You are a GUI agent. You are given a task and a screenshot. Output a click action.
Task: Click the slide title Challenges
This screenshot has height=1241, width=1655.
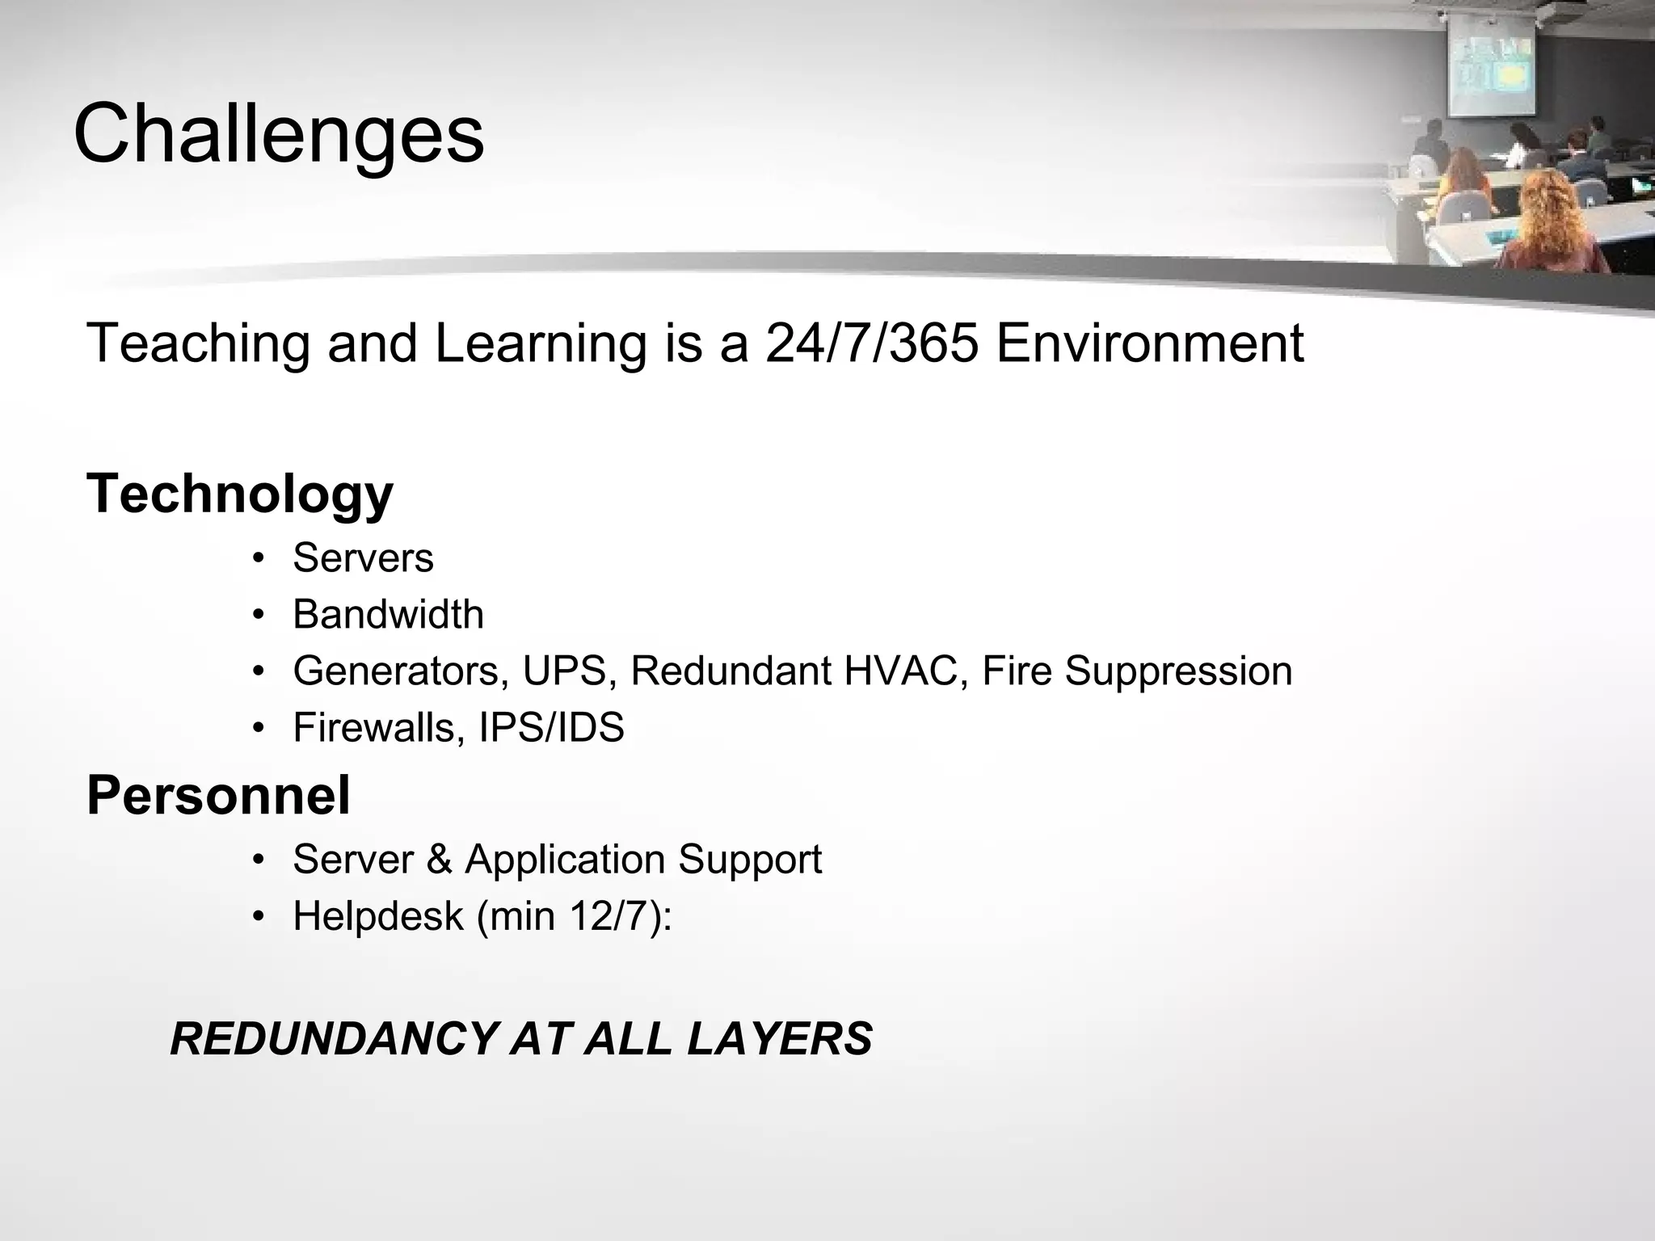point(279,134)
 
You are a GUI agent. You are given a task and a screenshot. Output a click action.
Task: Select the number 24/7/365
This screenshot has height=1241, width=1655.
point(872,343)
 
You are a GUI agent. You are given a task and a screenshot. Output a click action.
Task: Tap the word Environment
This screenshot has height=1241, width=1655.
point(1150,343)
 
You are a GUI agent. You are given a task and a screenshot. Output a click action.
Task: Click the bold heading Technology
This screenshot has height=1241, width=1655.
point(240,494)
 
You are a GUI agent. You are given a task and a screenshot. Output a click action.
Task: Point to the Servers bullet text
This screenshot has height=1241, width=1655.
point(363,558)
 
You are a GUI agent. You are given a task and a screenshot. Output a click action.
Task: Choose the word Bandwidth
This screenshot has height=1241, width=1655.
point(388,615)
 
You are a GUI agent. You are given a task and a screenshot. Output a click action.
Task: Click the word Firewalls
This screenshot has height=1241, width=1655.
point(378,728)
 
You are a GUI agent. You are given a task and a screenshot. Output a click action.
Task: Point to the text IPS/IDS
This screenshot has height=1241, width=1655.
point(552,728)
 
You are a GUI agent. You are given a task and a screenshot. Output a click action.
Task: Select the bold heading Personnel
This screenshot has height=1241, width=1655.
point(218,796)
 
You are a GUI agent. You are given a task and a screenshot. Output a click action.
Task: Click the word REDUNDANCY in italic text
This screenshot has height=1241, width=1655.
point(333,1039)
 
